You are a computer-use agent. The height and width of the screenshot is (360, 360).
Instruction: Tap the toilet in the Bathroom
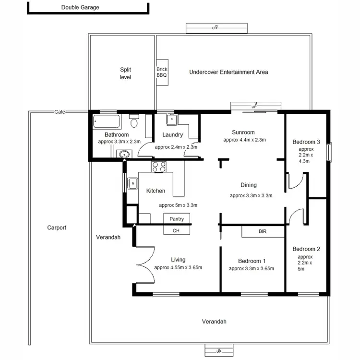pyautogui.click(x=134, y=122)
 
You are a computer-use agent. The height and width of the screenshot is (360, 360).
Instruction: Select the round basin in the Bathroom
pyautogui.click(x=124, y=154)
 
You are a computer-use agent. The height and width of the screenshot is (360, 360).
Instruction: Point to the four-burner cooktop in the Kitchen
pyautogui.click(x=159, y=167)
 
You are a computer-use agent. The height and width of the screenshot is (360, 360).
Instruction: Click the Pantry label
pyautogui.click(x=177, y=219)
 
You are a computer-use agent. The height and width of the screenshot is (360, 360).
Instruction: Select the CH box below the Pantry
pyautogui.click(x=176, y=230)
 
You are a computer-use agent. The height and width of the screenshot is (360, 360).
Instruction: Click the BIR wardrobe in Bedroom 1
pyautogui.click(x=263, y=231)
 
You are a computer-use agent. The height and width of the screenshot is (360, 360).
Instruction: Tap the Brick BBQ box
pyautogui.click(x=162, y=72)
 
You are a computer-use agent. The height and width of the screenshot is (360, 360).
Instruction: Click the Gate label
pyautogui.click(x=60, y=112)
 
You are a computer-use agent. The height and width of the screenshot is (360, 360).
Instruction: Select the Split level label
pyautogui.click(x=125, y=73)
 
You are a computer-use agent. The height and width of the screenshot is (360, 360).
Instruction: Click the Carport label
pyautogui.click(x=57, y=228)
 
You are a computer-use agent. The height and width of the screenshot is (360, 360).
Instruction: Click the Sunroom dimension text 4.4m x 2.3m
pyautogui.click(x=244, y=140)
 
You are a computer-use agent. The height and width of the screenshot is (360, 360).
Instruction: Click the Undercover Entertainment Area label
pyautogui.click(x=228, y=72)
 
